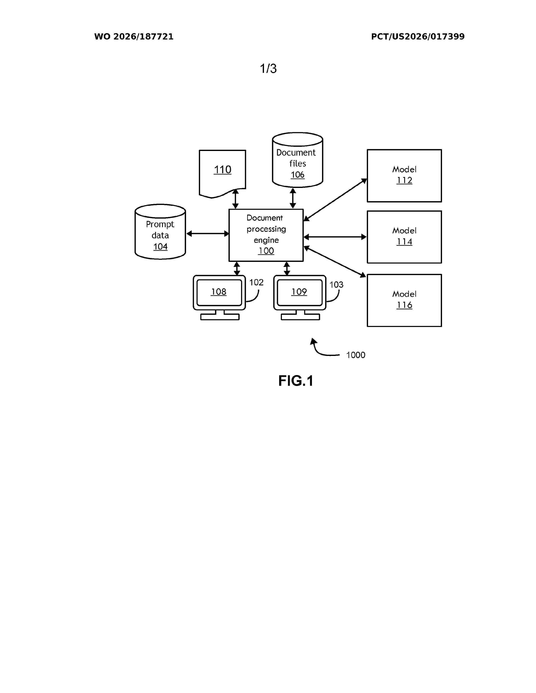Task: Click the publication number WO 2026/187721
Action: click(134, 37)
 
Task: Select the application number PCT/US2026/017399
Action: click(418, 37)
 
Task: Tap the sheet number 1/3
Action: click(268, 68)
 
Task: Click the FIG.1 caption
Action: click(296, 381)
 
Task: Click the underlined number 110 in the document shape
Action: click(222, 169)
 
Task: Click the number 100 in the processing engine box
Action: click(266, 251)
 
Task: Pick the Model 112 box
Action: click(404, 176)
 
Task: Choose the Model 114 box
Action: click(404, 237)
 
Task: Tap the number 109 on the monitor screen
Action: click(299, 292)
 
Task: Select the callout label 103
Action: click(336, 285)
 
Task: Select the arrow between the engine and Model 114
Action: click(335, 237)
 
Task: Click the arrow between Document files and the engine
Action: click(293, 198)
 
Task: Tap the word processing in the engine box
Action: click(266, 229)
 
